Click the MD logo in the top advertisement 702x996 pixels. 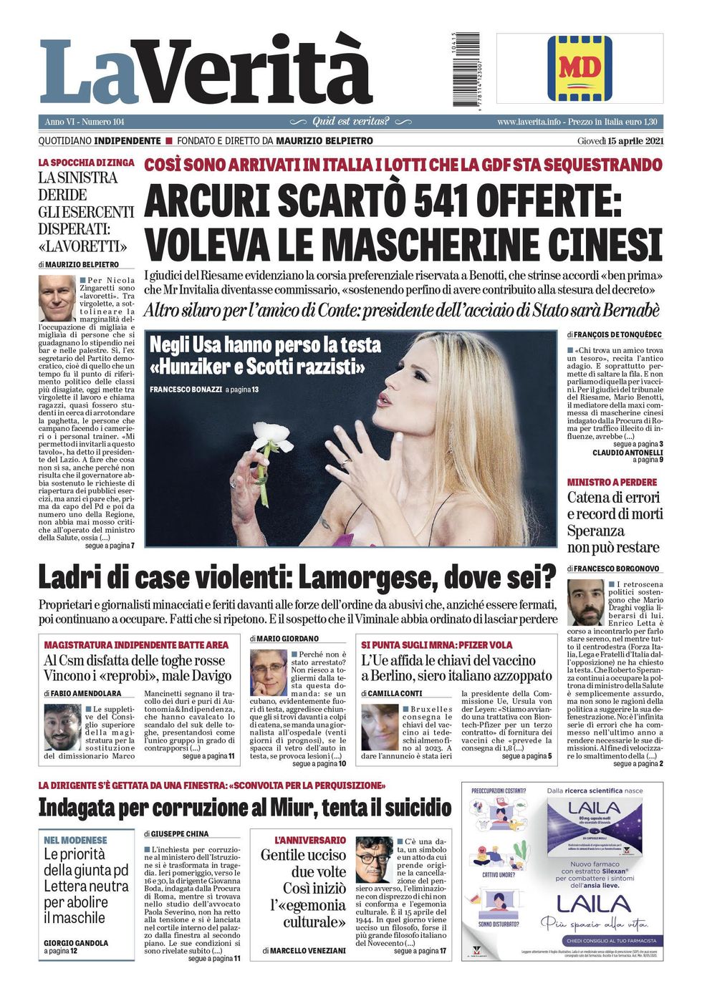580,69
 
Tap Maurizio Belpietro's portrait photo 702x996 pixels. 57,298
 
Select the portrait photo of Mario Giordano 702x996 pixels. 268,672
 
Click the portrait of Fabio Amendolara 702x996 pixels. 62,727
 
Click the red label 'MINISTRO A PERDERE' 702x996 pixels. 612,483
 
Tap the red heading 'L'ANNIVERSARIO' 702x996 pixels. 309,840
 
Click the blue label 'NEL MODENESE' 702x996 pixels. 75,840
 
